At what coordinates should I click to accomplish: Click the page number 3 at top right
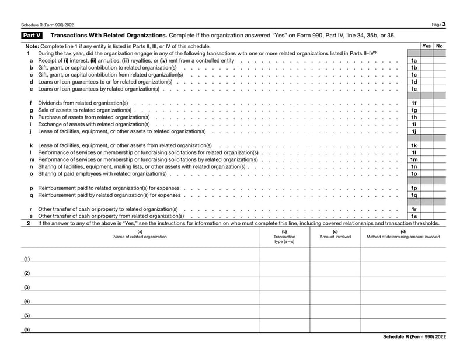[x=444, y=24]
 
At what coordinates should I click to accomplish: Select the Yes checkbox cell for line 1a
[x=427, y=60]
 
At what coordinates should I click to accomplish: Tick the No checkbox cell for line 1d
[x=440, y=82]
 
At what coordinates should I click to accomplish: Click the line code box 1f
[x=414, y=103]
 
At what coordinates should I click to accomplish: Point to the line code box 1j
[x=414, y=131]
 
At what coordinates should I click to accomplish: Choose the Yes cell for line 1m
[x=427, y=160]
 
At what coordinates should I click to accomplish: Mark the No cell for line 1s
[x=440, y=217]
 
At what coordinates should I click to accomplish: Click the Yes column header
[x=427, y=46]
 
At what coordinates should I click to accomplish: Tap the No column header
[x=440, y=46]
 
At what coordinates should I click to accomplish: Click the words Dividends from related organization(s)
[x=83, y=103]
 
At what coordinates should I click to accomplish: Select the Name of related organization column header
[x=140, y=237]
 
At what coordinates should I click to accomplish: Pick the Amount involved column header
[x=335, y=237]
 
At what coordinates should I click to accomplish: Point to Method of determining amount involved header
[x=403, y=237]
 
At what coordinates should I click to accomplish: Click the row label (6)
[x=27, y=329]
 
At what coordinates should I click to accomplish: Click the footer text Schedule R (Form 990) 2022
[x=414, y=337]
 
